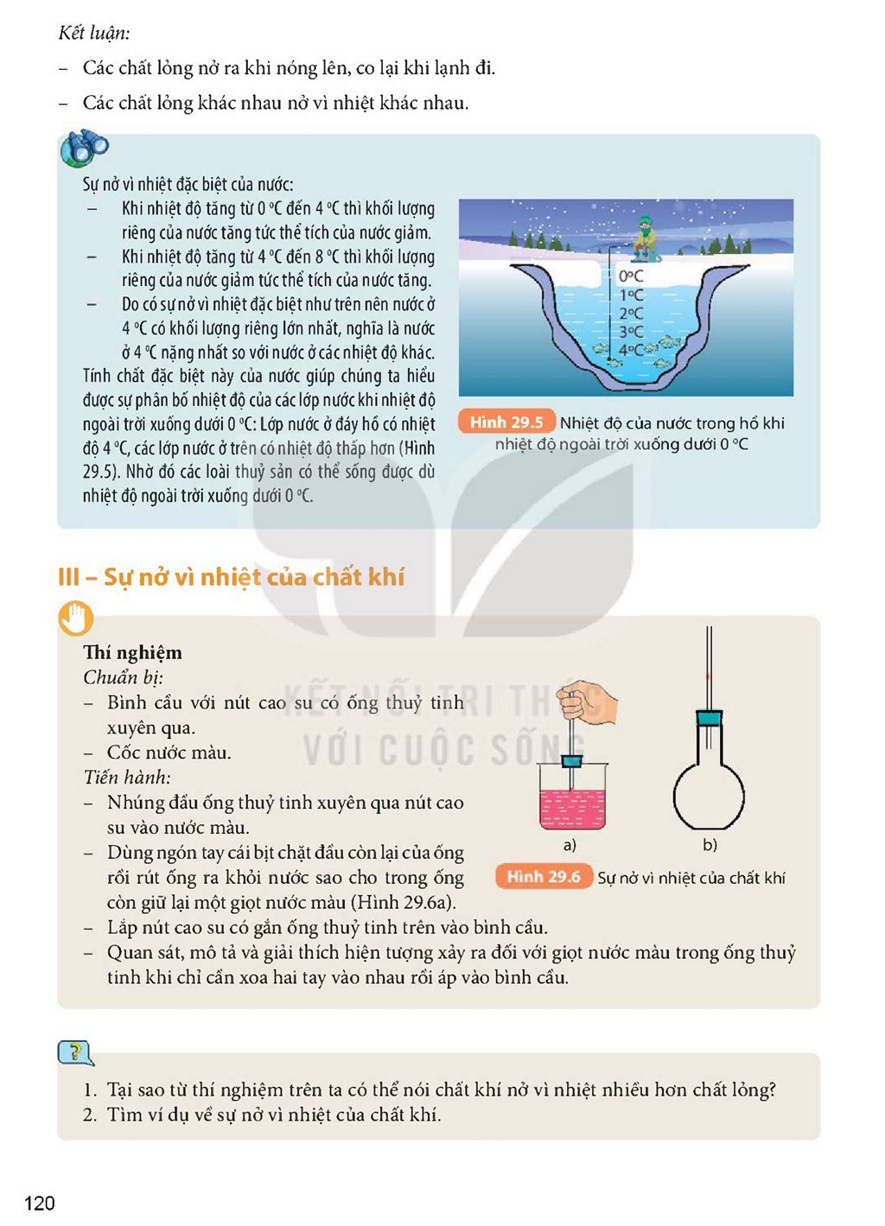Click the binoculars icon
[84, 147]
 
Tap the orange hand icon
[75, 619]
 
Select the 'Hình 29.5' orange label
[506, 422]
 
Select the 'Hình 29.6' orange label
[544, 877]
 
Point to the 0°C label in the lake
[631, 276]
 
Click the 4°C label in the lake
[631, 350]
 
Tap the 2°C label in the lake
[631, 314]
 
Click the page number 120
[40, 1204]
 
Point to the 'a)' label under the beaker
[570, 845]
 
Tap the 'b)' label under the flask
[710, 845]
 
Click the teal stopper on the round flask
[710, 717]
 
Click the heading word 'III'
[68, 577]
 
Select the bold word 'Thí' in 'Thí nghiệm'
[97, 652]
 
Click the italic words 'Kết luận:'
[94, 34]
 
